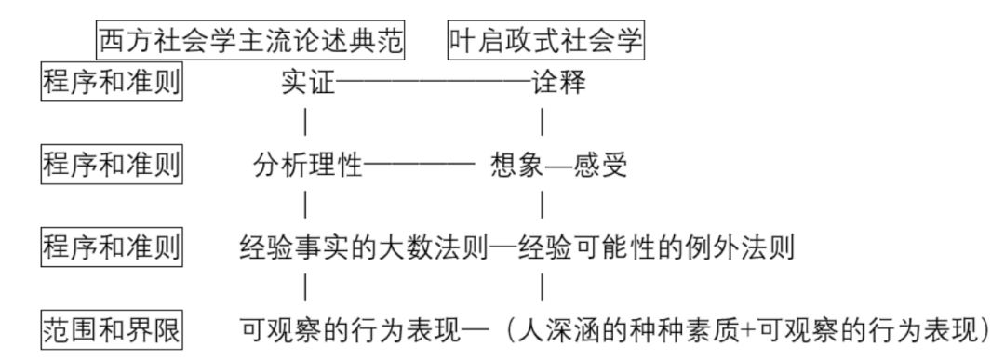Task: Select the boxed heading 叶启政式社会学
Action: pos(546,41)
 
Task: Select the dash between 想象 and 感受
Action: pos(557,167)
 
